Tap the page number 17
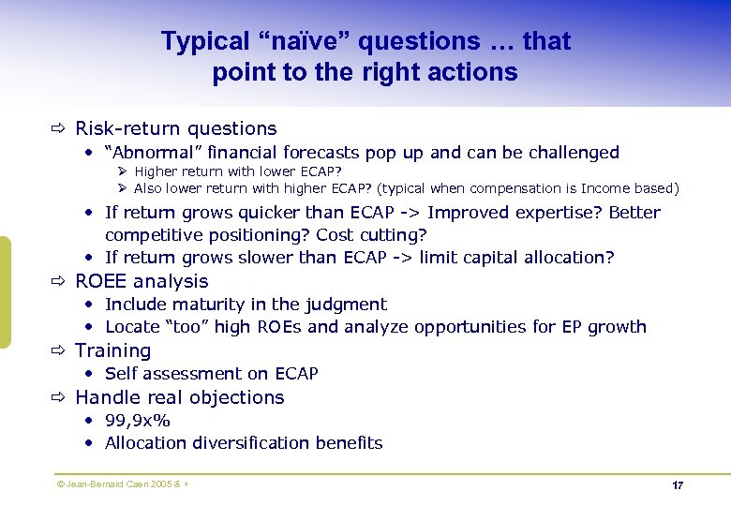click(x=678, y=485)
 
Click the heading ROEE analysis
click(x=142, y=281)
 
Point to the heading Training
click(x=112, y=350)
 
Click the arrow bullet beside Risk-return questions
click(x=58, y=129)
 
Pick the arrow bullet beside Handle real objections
click(x=58, y=397)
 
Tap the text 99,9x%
click(x=138, y=421)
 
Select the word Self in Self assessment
click(x=122, y=374)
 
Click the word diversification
click(x=253, y=443)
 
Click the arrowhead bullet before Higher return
click(x=123, y=171)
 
